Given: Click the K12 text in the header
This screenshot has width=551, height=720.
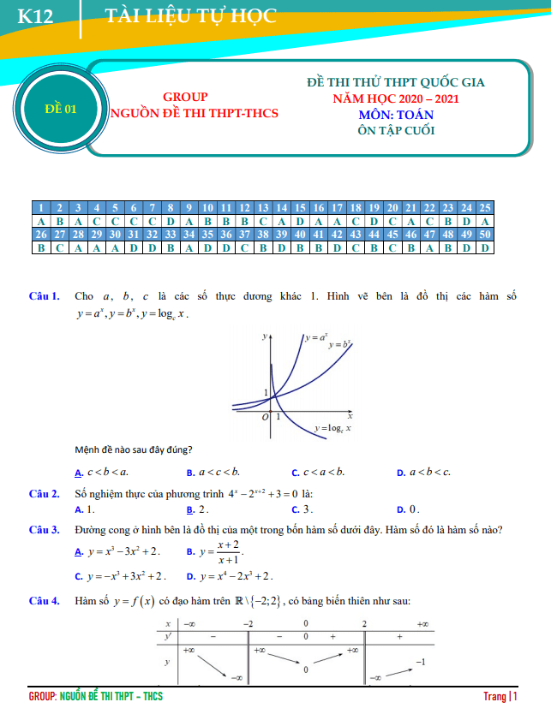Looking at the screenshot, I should click(x=36, y=16).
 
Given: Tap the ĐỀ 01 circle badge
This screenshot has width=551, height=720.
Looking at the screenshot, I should click(x=60, y=109).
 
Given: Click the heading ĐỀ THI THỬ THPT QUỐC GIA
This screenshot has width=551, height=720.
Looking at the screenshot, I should click(x=396, y=83).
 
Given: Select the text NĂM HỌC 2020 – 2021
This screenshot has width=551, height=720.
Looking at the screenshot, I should click(x=396, y=98).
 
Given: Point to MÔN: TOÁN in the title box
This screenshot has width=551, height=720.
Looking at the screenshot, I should click(x=397, y=115).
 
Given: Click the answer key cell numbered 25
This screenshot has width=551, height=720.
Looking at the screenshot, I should click(x=485, y=208).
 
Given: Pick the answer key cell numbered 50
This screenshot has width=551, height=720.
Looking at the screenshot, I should click(x=485, y=234).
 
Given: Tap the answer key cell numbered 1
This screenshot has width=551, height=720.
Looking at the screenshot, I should click(x=40, y=208).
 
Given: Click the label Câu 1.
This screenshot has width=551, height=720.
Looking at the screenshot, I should click(x=44, y=296).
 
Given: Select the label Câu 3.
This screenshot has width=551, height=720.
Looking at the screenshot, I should click(x=44, y=530).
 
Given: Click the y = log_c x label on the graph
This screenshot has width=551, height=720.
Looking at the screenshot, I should click(x=333, y=427).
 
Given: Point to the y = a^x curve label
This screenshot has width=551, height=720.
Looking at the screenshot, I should click(x=316, y=338).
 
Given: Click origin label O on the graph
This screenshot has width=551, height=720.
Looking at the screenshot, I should click(x=266, y=416).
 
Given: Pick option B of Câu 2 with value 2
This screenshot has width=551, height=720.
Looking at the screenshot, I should click(x=198, y=509).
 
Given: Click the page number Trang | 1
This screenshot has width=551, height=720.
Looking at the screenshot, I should click(x=500, y=697).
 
